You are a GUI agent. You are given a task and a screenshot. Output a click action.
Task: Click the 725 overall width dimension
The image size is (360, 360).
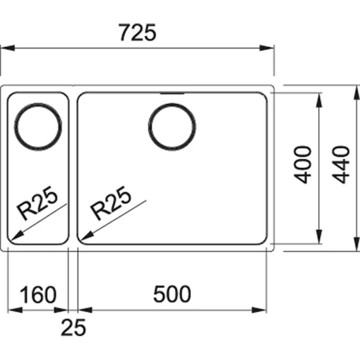tap(138, 33)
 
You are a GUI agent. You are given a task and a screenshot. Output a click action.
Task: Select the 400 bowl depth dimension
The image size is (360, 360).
tap(305, 164)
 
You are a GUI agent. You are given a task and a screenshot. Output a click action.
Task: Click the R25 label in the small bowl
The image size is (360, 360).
tap(38, 204)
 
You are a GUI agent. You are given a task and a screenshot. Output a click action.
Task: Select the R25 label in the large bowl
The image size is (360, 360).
tap(111, 204)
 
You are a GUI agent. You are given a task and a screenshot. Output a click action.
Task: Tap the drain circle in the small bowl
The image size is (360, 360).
tap(38, 126)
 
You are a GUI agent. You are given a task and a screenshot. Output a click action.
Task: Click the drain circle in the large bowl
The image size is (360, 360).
tap(171, 126)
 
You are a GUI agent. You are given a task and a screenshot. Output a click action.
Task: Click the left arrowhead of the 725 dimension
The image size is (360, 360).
tap(5, 47)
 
